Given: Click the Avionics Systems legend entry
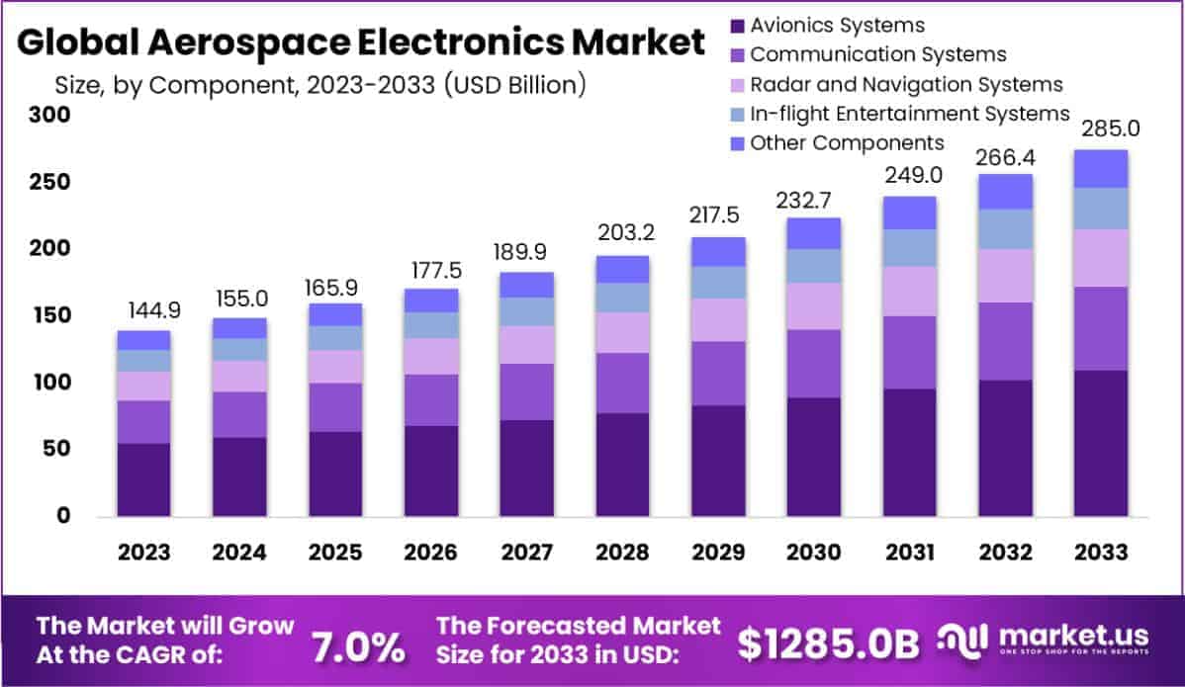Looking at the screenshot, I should point(837,25).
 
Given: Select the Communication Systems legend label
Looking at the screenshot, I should point(877,54).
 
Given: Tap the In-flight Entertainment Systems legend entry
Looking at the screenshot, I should point(909,113).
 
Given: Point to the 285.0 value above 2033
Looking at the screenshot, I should point(1101,129).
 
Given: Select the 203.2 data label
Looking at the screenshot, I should point(622,234).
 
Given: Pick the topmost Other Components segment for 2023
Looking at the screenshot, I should point(143,340).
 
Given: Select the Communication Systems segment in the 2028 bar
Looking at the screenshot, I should point(622,383).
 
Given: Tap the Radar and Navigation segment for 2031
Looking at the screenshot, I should point(909,291).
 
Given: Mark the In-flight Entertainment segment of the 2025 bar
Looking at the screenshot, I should point(335,338).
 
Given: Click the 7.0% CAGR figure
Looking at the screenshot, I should point(358,646).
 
